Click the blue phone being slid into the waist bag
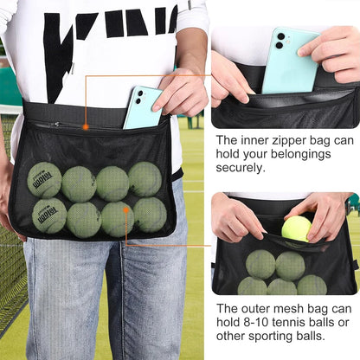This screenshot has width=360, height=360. (141, 106)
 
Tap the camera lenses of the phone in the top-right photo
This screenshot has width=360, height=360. (280, 40)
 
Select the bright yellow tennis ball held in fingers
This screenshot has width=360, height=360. (296, 228)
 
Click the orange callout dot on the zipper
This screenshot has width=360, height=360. (86, 126)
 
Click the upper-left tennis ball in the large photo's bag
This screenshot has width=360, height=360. (44, 179)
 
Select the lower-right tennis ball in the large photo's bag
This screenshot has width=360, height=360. (150, 215)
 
